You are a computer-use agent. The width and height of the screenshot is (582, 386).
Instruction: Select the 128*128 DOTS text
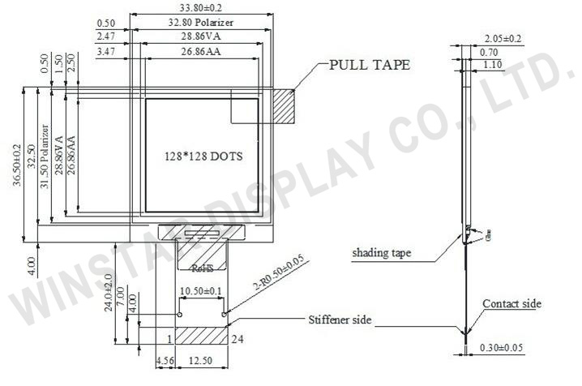[x=203, y=154]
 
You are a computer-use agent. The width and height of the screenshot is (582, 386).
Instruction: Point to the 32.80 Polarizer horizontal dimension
[x=202, y=23]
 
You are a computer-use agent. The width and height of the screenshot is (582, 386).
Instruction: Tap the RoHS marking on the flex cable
[x=201, y=267]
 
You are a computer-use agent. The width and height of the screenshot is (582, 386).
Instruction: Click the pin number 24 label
[x=237, y=338]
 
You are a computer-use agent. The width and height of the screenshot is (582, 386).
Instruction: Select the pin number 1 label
[x=169, y=338]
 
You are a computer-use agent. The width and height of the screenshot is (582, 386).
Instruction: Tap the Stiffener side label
[x=340, y=320]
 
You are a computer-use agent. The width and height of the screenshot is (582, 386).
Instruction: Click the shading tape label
[x=381, y=253]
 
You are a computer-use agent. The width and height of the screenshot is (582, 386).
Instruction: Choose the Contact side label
[x=511, y=304]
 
